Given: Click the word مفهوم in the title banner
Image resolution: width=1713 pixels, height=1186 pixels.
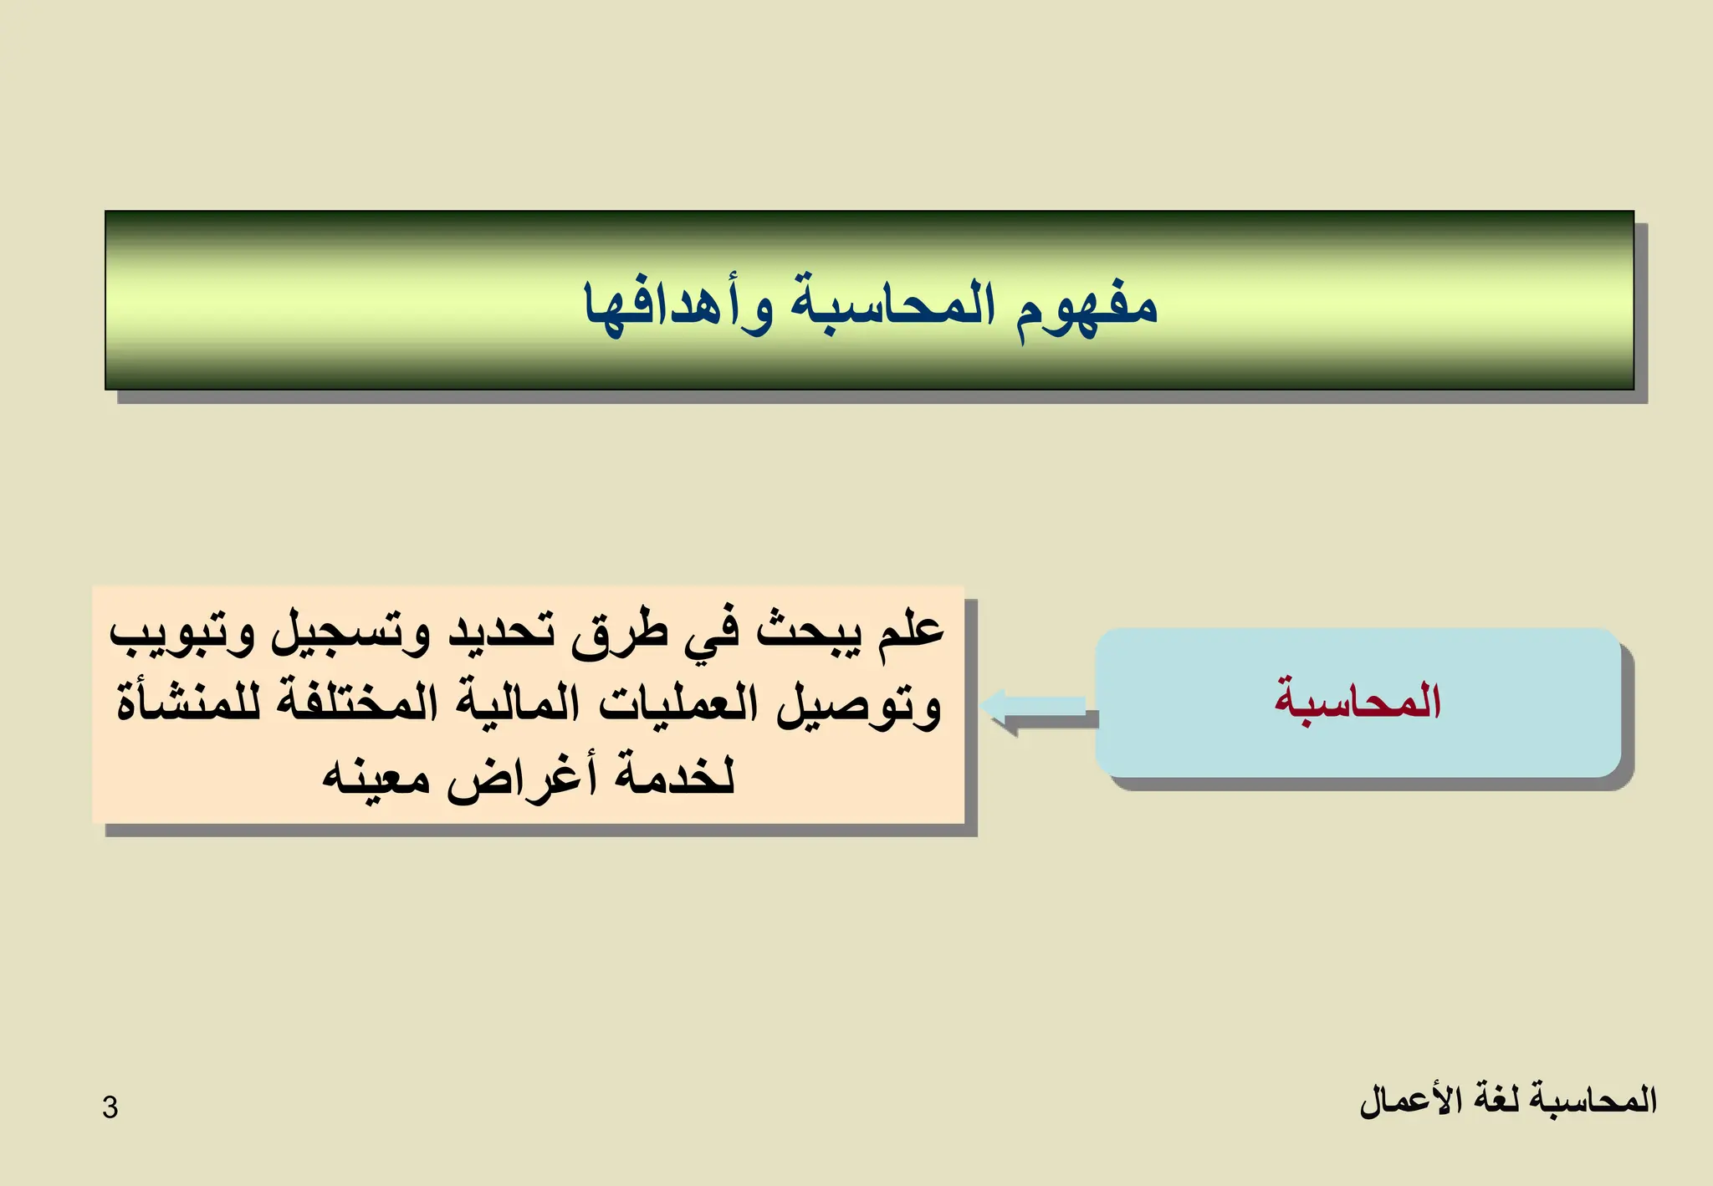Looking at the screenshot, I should point(1087,305).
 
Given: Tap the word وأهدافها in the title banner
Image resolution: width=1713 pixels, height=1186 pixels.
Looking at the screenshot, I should point(678,305).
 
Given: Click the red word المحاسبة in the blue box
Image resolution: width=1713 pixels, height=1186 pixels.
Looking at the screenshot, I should point(1358,701).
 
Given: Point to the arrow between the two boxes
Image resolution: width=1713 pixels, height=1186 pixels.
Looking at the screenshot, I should point(1037,707).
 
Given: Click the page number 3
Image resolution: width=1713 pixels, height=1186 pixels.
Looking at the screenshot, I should point(110,1107).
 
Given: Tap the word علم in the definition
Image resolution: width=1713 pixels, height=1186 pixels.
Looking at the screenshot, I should point(911,630).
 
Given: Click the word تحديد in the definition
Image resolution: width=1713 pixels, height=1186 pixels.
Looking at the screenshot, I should point(502,630).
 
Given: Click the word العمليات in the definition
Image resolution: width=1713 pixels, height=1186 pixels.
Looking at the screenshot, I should point(678,703).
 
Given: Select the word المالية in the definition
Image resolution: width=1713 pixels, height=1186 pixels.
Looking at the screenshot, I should point(518,703).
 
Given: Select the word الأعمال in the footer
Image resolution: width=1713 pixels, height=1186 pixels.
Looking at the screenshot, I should point(1400,1099).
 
